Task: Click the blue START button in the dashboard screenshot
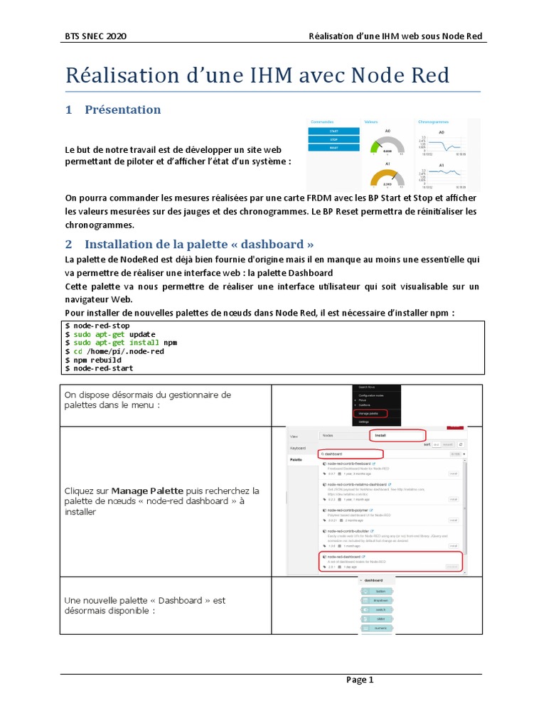tap(333, 132)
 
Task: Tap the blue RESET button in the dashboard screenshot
tap(333, 149)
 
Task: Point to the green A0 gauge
tap(387, 146)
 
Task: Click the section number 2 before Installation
tap(69, 245)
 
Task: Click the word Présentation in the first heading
tap(122, 109)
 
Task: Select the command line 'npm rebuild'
tap(92, 360)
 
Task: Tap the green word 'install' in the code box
tap(144, 343)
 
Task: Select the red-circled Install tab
tap(395, 435)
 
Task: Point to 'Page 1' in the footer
tap(360, 680)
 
